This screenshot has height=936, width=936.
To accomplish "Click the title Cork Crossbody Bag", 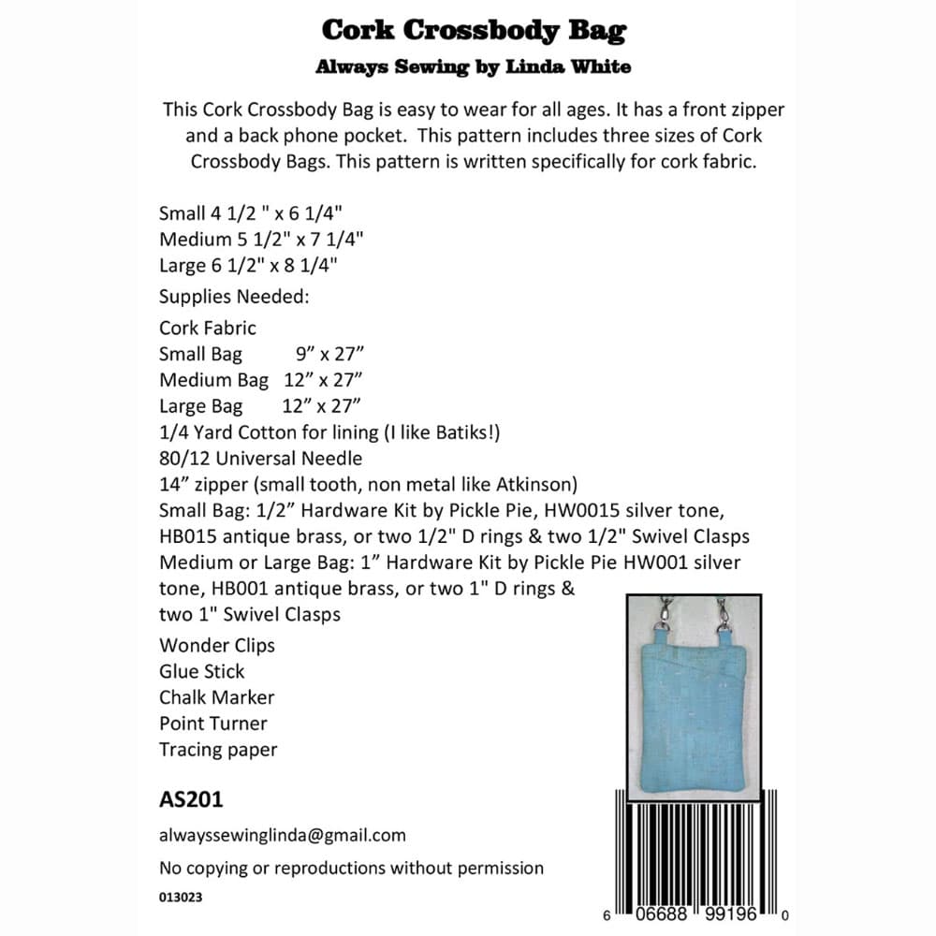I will click(x=474, y=30).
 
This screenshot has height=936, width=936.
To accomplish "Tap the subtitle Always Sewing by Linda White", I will click(x=474, y=67).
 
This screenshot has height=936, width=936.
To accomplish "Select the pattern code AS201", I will click(x=191, y=800).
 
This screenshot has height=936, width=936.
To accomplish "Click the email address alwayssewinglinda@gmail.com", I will click(x=283, y=835).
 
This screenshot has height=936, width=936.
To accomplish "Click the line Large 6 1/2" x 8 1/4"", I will click(x=248, y=265).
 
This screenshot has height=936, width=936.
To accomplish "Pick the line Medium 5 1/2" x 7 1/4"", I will click(x=261, y=239).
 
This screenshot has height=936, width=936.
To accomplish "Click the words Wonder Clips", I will click(x=217, y=645).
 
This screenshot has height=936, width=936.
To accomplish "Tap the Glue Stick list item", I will click(x=201, y=671).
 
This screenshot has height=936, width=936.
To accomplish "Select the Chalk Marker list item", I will click(x=217, y=697).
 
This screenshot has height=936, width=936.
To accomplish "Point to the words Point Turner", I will click(x=213, y=724).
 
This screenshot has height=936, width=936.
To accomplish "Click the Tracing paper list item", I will click(x=218, y=750).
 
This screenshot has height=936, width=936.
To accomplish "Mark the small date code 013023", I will click(x=181, y=897).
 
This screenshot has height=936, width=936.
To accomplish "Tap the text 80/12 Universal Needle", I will click(x=260, y=459).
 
